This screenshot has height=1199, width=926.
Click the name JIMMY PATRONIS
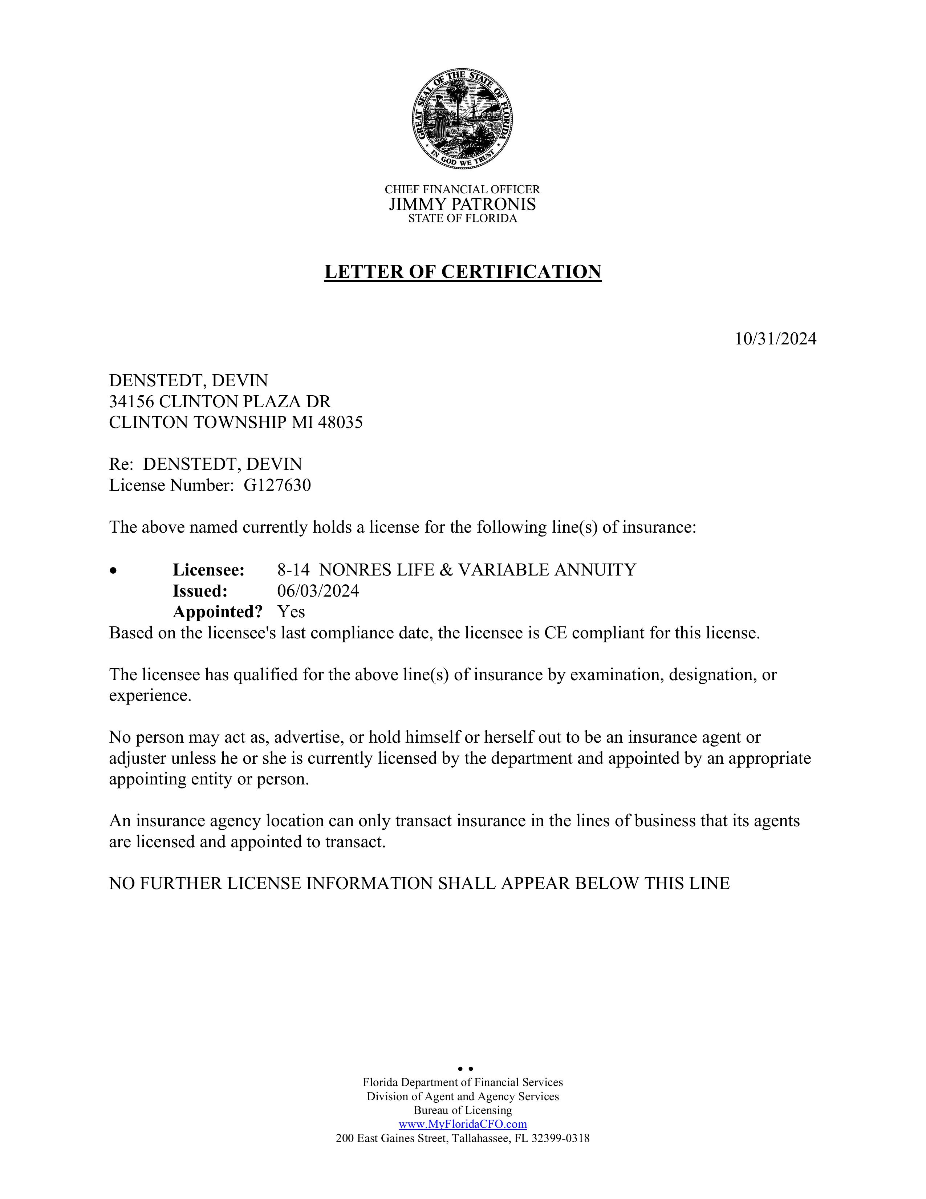pyautogui.click(x=462, y=204)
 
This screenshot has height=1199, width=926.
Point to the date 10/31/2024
pyautogui.click(x=775, y=339)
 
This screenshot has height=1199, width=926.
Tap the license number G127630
pyautogui.click(x=277, y=485)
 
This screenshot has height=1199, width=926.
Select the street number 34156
pyautogui.click(x=132, y=401)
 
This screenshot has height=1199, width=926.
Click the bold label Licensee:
pyautogui.click(x=208, y=570)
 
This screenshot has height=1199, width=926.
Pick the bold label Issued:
pyautogui.click(x=200, y=591)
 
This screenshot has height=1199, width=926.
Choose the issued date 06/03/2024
pyautogui.click(x=318, y=591)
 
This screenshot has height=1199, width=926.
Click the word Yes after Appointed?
pyautogui.click(x=291, y=611)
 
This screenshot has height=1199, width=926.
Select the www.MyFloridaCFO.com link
pyautogui.click(x=462, y=1124)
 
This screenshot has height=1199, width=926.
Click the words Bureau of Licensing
pyautogui.click(x=462, y=1110)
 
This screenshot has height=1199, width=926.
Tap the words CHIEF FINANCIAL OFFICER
pyautogui.click(x=462, y=189)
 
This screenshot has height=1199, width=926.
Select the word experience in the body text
pyautogui.click(x=150, y=695)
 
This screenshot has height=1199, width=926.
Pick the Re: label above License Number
pyautogui.click(x=121, y=464)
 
